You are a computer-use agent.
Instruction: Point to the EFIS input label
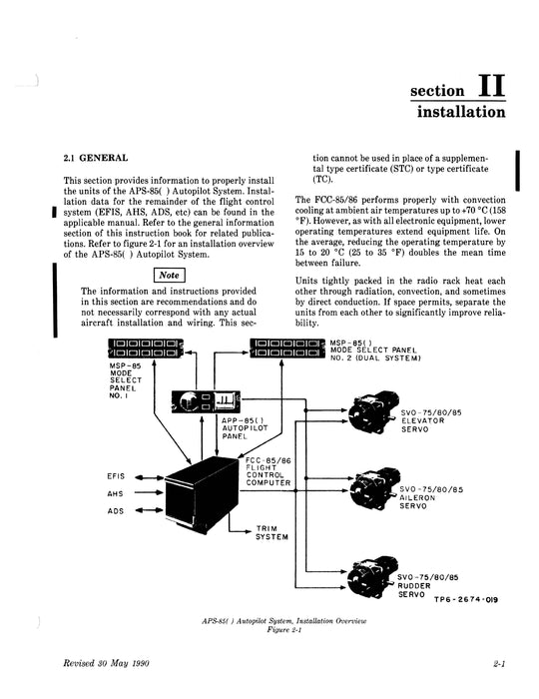[115, 476]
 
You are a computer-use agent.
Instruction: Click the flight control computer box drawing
[201, 495]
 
